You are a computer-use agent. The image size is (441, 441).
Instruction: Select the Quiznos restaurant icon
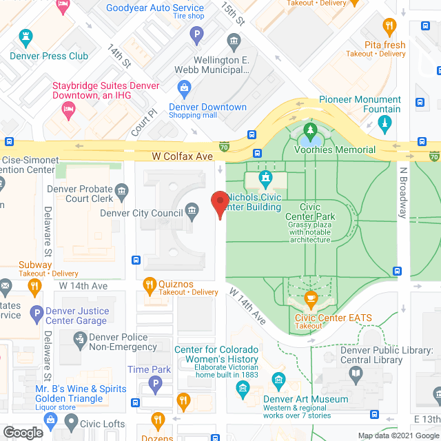click(149, 284)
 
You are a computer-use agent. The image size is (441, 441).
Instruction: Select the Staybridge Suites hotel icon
click(68, 108)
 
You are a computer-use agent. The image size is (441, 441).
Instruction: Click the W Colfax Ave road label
click(183, 156)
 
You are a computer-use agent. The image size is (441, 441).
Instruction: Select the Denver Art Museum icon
click(279, 380)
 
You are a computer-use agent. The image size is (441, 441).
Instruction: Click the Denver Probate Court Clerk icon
click(122, 190)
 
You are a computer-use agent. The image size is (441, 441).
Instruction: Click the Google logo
click(22, 432)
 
